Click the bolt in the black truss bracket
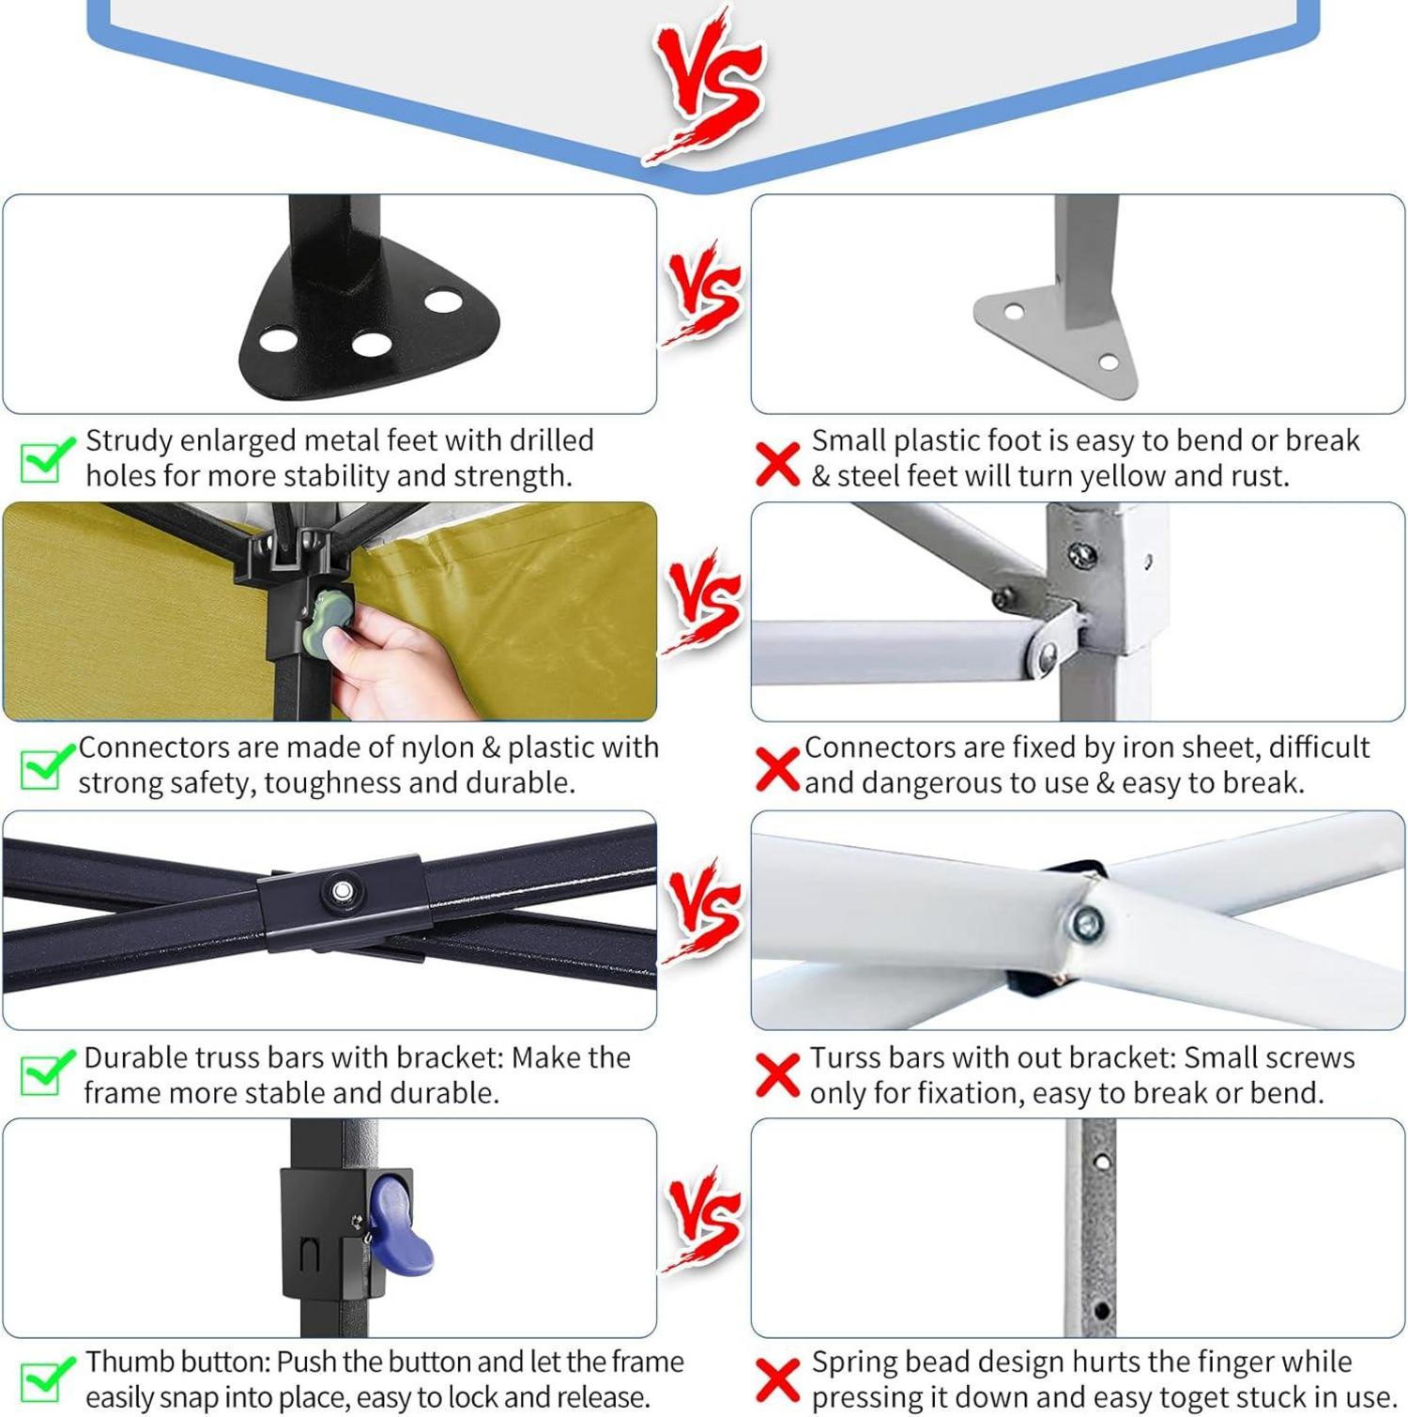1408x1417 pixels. (343, 890)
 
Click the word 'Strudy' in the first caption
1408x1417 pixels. (129, 441)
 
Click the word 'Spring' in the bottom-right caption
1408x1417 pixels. (855, 1363)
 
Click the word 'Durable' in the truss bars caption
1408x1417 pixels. (133, 1057)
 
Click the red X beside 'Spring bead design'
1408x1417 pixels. (777, 1380)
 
